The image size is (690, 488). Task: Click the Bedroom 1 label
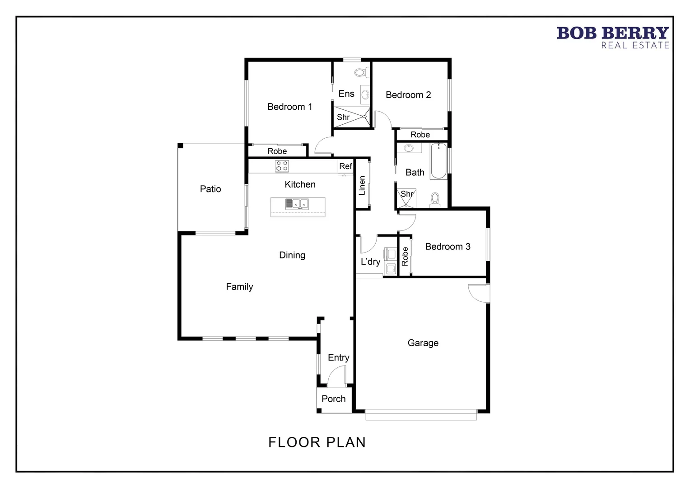pyautogui.click(x=289, y=107)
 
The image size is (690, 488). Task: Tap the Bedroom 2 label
pyautogui.click(x=408, y=95)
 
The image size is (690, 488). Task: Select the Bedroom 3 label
pyautogui.click(x=448, y=247)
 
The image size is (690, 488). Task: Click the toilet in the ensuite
pyautogui.click(x=360, y=72)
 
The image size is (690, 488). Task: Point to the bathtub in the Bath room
pyautogui.click(x=438, y=161)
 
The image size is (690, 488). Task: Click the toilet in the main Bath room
pyautogui.click(x=435, y=199)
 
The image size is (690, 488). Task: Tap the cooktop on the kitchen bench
pyautogui.click(x=282, y=166)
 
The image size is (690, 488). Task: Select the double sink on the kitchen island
pyautogui.click(x=297, y=204)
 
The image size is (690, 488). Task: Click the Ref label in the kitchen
pyautogui.click(x=345, y=166)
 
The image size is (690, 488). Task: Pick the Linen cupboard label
pyautogui.click(x=362, y=186)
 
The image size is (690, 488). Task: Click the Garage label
pyautogui.click(x=423, y=343)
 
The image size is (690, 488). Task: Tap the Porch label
pyautogui.click(x=333, y=399)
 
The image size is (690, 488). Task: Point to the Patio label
pyautogui.click(x=210, y=189)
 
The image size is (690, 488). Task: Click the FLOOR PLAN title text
pyautogui.click(x=317, y=442)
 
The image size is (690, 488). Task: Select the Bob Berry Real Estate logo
pyautogui.click(x=612, y=38)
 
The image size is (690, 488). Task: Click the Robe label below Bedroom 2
pyautogui.click(x=420, y=135)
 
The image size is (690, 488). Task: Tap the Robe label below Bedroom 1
pyautogui.click(x=277, y=151)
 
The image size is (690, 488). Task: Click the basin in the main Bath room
pyautogui.click(x=409, y=148)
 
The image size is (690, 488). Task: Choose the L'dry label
pyautogui.click(x=370, y=262)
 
